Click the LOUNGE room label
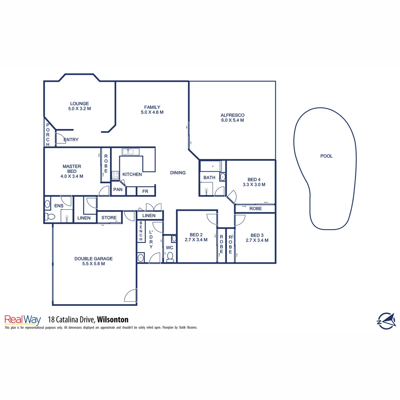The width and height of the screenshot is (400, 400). coord(80,104)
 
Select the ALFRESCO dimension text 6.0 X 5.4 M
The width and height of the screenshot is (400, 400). coord(232,120)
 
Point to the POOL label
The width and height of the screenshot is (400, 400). coord(326,156)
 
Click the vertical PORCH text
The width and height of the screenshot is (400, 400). coord(48,134)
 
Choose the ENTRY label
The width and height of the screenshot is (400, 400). coord(71,140)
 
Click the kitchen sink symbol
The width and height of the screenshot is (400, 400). coord(130,151)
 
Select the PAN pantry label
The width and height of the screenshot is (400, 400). coord(118,190)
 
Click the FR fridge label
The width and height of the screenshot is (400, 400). coord(145,191)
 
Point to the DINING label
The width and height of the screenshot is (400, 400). coord(178,173)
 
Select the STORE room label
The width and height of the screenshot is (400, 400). coord(109,218)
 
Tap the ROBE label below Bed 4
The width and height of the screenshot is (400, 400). coord(256,209)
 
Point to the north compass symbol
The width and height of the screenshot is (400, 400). coord(386,320)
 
